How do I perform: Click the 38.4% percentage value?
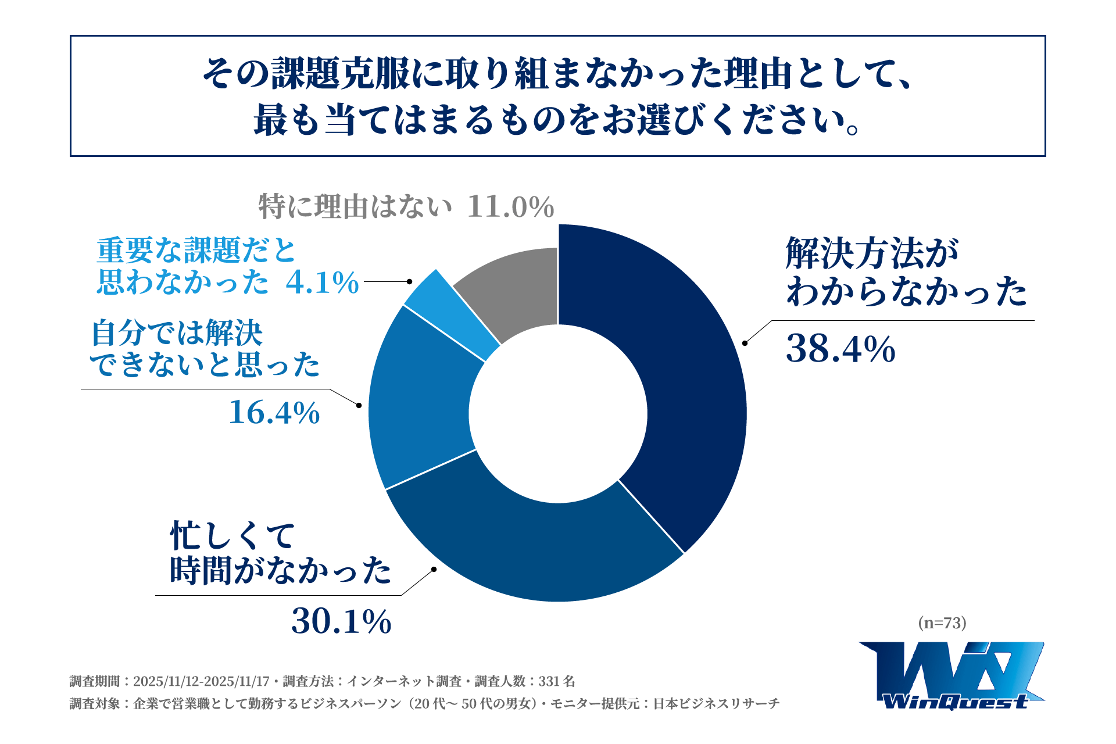coord(840,349)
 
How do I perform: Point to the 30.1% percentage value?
coord(341,621)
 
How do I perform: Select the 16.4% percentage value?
coord(274,412)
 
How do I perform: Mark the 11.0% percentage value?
coord(510,207)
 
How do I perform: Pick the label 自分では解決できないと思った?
coord(205,349)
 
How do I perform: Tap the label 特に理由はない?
coord(355,207)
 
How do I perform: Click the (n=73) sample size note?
coord(942,623)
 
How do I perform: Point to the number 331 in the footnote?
coord(549,681)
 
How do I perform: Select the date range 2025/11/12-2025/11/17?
coord(201,681)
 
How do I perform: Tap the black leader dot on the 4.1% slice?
coord(409,281)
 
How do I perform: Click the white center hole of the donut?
coord(558,413)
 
